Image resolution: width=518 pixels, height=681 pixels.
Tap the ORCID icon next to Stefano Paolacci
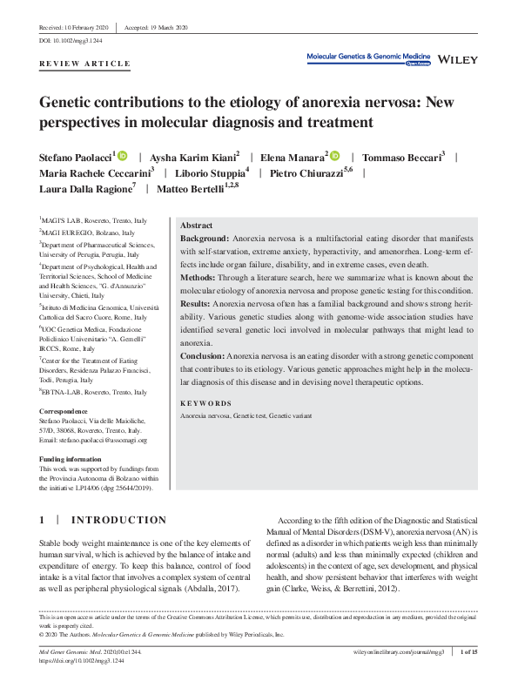click(x=122, y=155)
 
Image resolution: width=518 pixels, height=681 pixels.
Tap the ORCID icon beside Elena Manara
click(x=335, y=155)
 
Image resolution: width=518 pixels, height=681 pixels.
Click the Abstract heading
click(x=196, y=226)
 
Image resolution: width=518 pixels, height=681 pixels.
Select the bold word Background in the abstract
click(x=205, y=238)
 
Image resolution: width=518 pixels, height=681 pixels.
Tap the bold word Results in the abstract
click(x=196, y=304)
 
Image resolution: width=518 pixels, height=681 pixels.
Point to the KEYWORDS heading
click(x=205, y=404)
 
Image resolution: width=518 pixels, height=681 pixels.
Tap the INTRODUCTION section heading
click(x=118, y=520)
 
